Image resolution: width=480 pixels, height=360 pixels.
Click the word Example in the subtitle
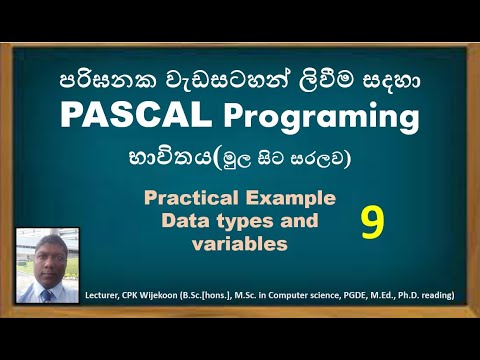coord(287,198)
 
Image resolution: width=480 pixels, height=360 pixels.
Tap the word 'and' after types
coord(299,220)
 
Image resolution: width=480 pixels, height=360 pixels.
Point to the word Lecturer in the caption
coord(109,294)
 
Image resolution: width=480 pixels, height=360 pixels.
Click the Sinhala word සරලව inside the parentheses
coord(318,158)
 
